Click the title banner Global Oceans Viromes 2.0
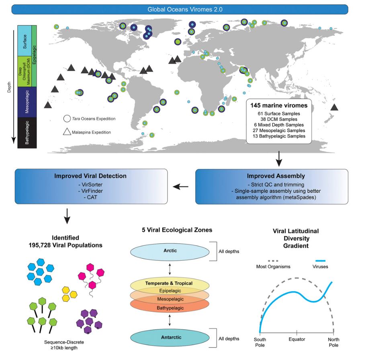[x=185, y=9]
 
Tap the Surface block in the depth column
[x=25, y=41]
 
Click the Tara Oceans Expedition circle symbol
[x=67, y=119]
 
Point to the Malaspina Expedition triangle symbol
[x=67, y=132]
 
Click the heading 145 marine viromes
[x=276, y=105]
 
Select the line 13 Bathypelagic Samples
[x=276, y=136]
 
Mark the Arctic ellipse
[x=170, y=251]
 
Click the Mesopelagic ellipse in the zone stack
[x=170, y=299]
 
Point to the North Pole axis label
[x=333, y=342]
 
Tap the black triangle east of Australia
[x=334, y=107]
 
